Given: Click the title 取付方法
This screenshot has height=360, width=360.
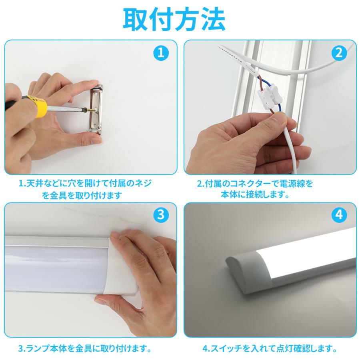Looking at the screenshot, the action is [174, 20].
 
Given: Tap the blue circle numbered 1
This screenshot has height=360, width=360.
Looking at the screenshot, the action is [161, 53].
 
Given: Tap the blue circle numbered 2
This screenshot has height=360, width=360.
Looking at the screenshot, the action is [339, 53].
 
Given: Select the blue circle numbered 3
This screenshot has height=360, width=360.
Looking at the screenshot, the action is [161, 215].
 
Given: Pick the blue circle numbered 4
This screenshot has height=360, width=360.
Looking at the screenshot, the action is [339, 215].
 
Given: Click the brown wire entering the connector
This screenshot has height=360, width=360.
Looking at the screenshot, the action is [260, 83].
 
